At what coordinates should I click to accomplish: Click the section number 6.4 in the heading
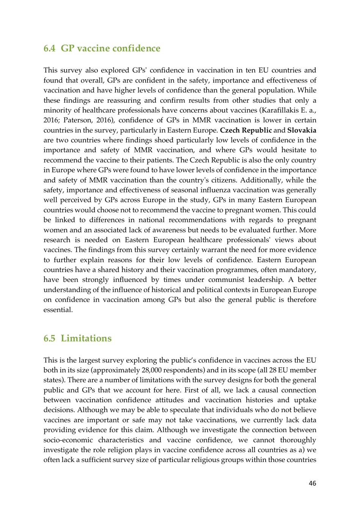49,48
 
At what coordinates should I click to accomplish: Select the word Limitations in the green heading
86,339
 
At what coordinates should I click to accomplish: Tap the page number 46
312,483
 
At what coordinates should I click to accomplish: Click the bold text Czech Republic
246,130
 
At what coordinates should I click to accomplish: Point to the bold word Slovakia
302,130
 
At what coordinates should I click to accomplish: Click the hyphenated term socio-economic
68,440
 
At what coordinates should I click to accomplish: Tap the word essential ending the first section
58,310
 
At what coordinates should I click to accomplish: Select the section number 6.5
49,339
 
